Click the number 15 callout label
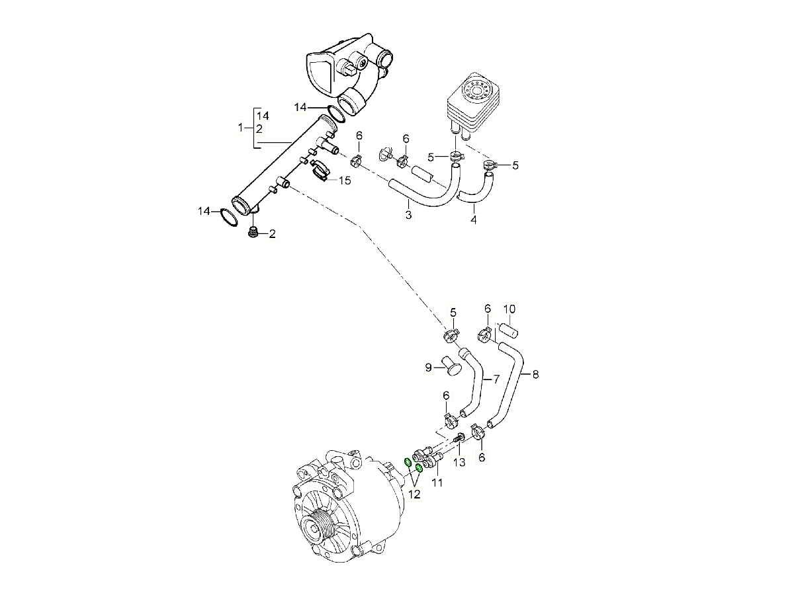[x=345, y=180]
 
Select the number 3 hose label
[x=408, y=216]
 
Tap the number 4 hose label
[x=474, y=219]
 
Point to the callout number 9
[x=428, y=367]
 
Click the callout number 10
[x=509, y=309]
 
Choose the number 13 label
[x=459, y=462]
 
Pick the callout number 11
[x=437, y=483]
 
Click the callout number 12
[x=414, y=493]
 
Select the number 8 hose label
[x=535, y=374]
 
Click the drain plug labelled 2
[x=253, y=232]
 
